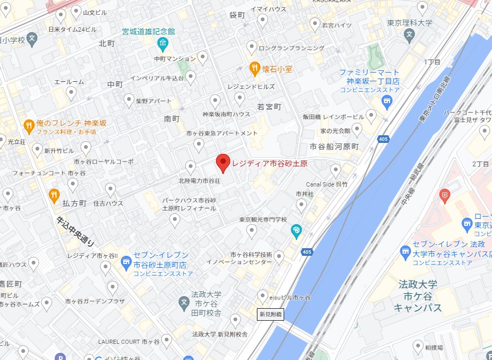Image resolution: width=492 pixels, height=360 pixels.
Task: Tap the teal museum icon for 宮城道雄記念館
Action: (x=162, y=43)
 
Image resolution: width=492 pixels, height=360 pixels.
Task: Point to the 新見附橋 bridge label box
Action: (x=271, y=314)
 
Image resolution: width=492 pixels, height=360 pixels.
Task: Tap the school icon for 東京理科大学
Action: (x=410, y=36)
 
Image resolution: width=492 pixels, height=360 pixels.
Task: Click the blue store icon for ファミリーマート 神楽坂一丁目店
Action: (x=387, y=100)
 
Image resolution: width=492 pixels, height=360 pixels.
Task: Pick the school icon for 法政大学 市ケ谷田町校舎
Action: (x=184, y=302)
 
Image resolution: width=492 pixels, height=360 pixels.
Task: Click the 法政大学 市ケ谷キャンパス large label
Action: (x=418, y=296)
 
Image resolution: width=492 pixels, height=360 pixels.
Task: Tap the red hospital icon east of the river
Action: (x=446, y=194)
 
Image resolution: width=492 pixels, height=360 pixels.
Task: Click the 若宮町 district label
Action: (x=268, y=106)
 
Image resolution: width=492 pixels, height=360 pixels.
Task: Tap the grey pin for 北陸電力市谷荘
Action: (x=191, y=167)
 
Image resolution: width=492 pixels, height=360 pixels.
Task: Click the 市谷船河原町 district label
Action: (x=334, y=146)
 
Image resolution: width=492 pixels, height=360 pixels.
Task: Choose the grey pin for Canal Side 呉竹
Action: (x=336, y=170)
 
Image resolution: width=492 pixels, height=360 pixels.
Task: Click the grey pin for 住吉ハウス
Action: (x=111, y=189)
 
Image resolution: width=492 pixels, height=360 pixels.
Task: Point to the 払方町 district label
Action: (x=75, y=203)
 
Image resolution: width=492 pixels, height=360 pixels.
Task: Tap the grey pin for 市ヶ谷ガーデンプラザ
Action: (x=112, y=287)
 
